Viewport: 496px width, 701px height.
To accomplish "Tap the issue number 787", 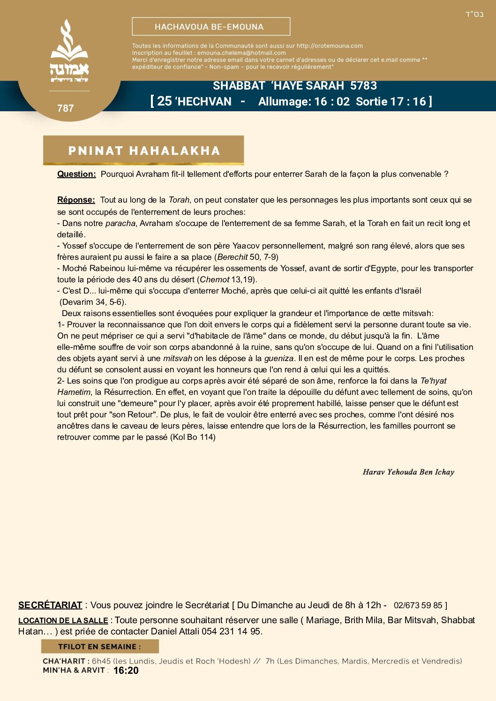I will click(66, 108).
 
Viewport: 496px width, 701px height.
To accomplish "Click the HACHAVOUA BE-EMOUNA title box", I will click(211, 27).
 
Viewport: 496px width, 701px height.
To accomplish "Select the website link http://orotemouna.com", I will click(330, 46).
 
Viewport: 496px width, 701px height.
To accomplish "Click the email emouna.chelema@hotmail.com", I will click(241, 53).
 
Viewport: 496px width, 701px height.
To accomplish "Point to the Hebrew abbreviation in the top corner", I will click(474, 14).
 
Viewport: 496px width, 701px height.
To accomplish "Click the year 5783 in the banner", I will click(363, 86).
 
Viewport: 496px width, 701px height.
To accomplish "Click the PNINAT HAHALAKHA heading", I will click(143, 151).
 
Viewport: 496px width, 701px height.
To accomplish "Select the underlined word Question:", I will click(76, 174).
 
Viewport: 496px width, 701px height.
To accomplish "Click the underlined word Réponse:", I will click(76, 200).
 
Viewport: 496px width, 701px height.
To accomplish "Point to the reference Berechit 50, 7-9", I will click(247, 257).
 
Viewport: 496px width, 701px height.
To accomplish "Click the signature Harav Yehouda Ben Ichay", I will click(408, 472).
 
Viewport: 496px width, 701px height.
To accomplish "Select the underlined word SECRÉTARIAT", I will click(50, 605).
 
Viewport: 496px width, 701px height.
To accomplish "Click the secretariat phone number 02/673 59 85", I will click(418, 605).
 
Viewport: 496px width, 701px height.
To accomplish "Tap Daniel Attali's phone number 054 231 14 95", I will click(231, 632).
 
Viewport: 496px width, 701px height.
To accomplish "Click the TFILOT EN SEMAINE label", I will click(99, 647).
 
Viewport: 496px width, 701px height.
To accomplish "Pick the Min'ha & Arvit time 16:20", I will click(126, 671).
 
